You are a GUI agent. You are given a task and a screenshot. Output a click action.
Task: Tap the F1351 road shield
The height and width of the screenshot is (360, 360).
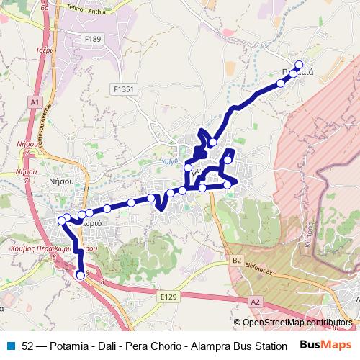coord(124,89)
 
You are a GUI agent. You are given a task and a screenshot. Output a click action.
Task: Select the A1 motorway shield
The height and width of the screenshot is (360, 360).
coord(34,103)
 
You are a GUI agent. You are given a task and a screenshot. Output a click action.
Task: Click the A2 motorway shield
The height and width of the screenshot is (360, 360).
coord(256,302)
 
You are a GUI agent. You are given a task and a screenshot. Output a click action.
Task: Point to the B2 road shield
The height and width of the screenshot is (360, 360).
coord(237,260)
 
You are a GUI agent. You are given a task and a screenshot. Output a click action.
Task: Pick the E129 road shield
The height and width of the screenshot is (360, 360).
coord(168,296)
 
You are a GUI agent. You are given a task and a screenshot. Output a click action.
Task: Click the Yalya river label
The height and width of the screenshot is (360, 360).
coord(168,162)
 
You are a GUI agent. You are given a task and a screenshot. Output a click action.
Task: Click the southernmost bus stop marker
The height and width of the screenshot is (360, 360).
coord(80,274)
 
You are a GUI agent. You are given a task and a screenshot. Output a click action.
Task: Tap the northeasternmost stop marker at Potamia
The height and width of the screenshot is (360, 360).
coord(299,65)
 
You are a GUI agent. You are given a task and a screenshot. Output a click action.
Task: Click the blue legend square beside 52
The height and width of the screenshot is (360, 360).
coord(10,345)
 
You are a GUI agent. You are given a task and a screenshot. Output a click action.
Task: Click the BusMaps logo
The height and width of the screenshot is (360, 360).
coord(325,345)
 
